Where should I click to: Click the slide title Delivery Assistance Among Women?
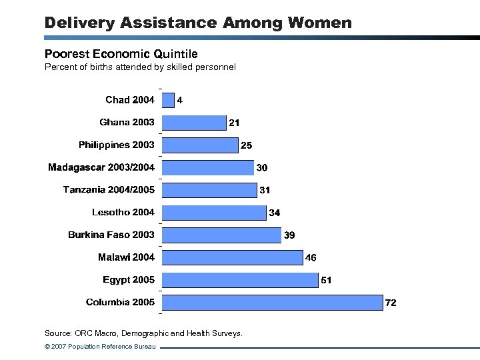[197, 23]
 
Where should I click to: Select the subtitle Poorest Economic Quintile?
[121, 53]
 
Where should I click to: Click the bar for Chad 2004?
[168, 100]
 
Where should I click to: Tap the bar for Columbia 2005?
[273, 303]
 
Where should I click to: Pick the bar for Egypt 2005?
[240, 280]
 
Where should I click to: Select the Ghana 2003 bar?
[194, 123]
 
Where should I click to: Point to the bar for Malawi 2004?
[232, 257]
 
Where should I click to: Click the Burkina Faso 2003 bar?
[221, 235]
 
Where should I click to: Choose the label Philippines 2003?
[116, 145]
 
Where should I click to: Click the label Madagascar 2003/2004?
[101, 167]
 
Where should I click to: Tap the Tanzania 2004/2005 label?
[109, 190]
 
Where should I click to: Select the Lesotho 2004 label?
[123, 212]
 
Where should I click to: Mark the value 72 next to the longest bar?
[391, 303]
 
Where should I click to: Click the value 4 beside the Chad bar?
[180, 101]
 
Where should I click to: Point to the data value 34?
[274, 213]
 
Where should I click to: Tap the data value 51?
[326, 280]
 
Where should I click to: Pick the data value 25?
[247, 145]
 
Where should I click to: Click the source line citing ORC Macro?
[143, 333]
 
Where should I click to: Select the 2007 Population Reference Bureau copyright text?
[100, 347]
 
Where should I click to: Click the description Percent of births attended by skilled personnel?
[139, 67]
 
